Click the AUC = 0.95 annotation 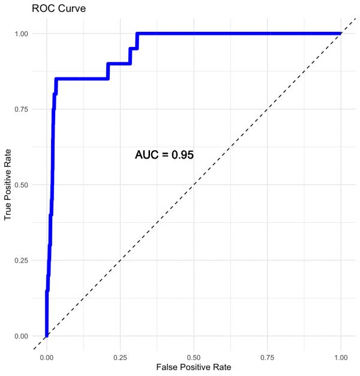pos(164,155)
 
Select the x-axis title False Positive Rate pos(193,366)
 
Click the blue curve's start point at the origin pos(46,336)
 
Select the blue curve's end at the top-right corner pos(341,33)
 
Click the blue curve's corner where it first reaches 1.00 pos(137,33)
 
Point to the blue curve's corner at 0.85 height pos(56,79)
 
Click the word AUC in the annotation pos(146,155)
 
